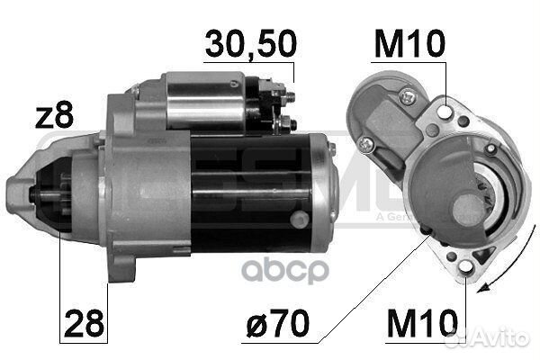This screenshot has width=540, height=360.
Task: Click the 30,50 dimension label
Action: [x=250, y=43]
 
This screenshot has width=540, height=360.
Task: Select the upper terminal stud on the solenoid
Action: [x=286, y=92]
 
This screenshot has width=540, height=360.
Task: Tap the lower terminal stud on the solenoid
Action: [x=286, y=121]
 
